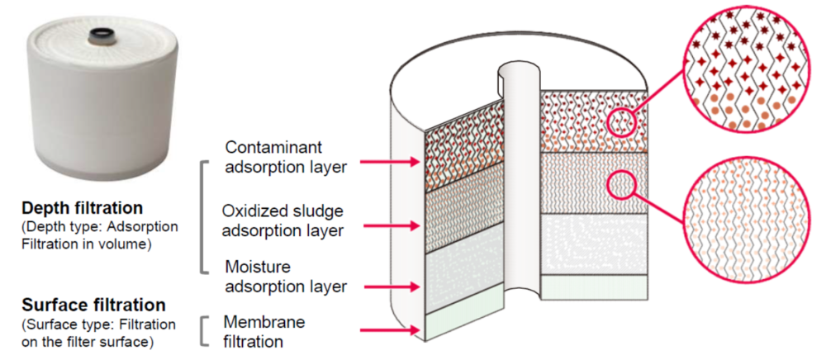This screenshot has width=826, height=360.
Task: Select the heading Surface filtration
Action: point(93,305)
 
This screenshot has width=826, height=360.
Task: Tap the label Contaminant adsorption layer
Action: point(285,156)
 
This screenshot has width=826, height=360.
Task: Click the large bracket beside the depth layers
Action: point(203,217)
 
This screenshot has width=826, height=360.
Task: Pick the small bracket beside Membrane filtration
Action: point(203,329)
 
